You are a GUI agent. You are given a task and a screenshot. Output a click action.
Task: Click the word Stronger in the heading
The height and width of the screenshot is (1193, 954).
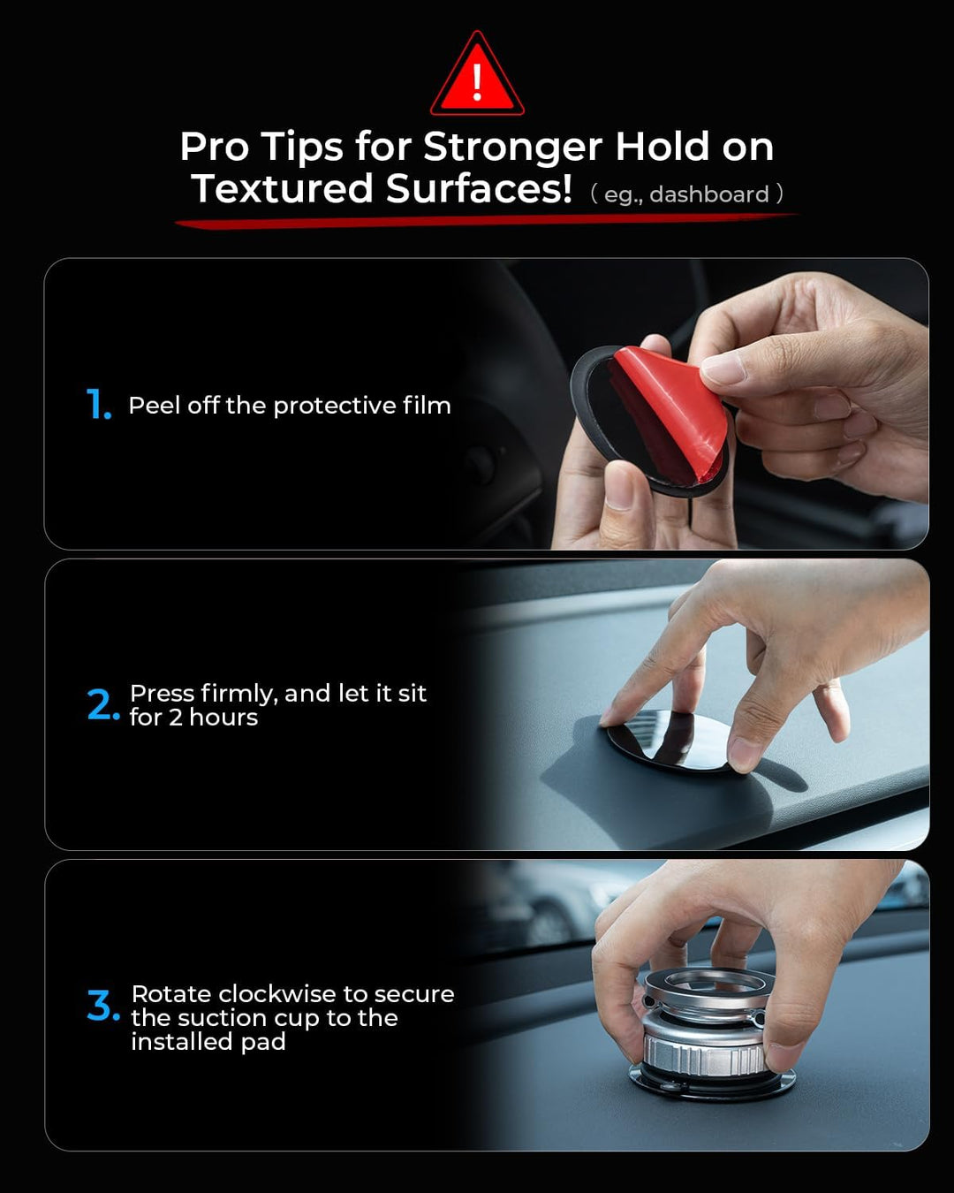tap(512, 148)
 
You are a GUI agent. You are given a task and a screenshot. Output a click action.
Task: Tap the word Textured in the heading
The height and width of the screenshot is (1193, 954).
tap(283, 188)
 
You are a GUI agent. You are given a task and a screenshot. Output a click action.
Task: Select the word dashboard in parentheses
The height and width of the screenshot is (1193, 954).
tap(709, 194)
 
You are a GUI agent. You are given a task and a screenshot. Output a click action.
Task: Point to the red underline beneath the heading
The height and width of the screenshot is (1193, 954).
tap(487, 220)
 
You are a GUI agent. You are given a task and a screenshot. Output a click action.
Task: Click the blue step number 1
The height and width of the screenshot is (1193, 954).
tap(99, 404)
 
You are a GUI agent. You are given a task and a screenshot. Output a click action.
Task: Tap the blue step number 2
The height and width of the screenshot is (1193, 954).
tap(103, 704)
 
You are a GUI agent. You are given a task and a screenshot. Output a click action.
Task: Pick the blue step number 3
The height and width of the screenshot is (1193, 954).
tap(103, 1006)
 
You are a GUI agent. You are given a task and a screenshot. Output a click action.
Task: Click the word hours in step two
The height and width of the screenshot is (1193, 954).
tap(223, 718)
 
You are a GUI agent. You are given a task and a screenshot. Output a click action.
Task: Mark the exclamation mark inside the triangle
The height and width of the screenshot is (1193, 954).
tap(477, 82)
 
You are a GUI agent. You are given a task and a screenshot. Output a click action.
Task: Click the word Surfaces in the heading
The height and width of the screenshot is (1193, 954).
tap(479, 188)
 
